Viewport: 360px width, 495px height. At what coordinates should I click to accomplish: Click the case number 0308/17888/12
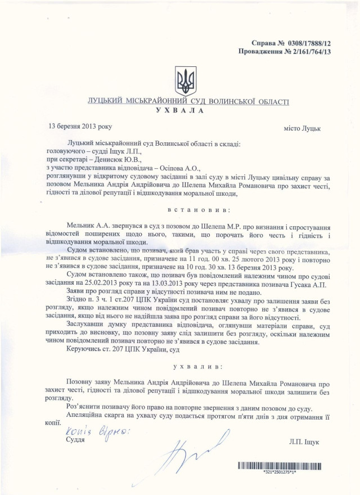(317, 43)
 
